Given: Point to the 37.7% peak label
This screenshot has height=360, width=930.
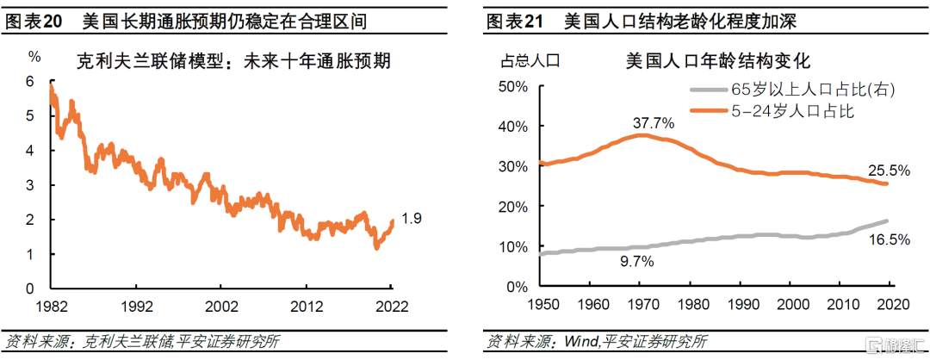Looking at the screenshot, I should tap(654, 123).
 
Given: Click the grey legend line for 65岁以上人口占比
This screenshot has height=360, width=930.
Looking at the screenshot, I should tap(707, 90).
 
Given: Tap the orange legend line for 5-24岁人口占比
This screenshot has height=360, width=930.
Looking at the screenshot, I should tap(707, 109).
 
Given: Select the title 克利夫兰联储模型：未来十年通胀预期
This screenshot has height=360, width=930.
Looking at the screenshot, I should tap(233, 61).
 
